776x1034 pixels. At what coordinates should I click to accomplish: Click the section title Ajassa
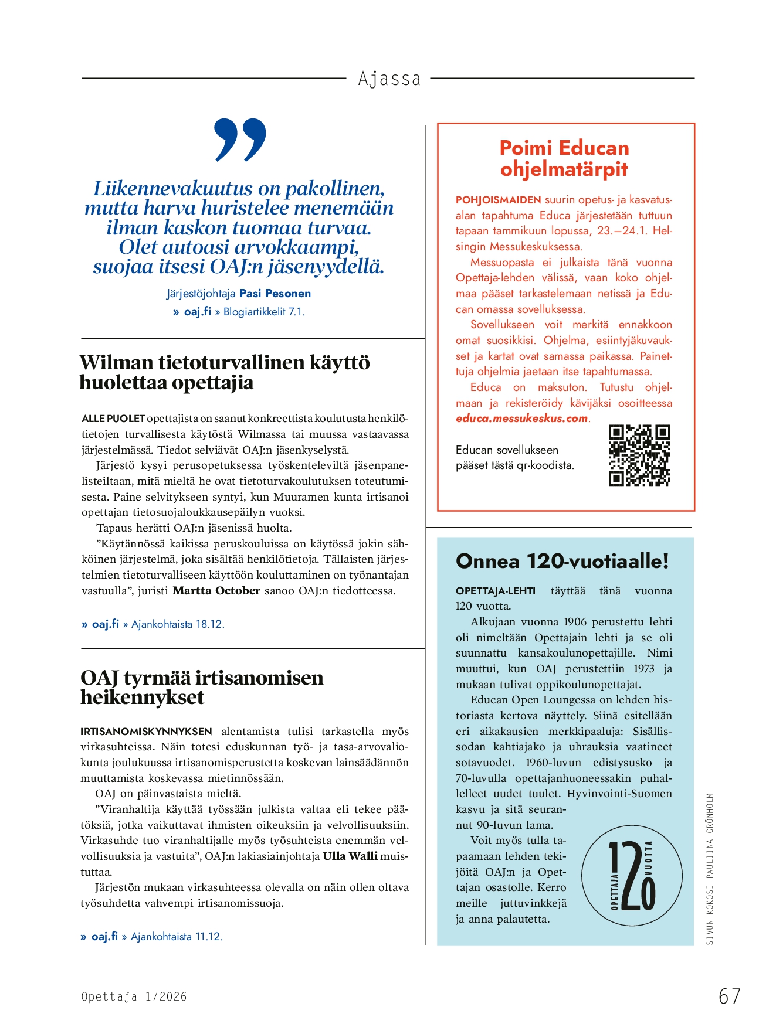[x=389, y=79]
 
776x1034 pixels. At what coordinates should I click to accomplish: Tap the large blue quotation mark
[x=240, y=140]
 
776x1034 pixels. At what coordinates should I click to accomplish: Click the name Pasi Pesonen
[x=275, y=293]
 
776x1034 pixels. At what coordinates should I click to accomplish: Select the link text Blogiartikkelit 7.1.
[x=264, y=312]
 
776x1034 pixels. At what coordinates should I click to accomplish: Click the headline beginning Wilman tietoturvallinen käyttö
[x=225, y=372]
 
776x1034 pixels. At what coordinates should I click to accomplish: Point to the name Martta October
[x=216, y=591]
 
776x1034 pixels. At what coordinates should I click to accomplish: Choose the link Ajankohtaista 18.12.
[x=178, y=624]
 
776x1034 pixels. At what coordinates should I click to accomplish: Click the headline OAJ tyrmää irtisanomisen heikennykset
[x=202, y=687]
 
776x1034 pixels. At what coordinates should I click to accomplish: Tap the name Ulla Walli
[x=350, y=856]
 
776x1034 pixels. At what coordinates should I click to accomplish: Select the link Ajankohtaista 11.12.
[x=177, y=937]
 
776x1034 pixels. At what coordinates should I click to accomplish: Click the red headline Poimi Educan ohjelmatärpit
[x=564, y=158]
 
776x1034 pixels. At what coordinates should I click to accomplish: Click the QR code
[x=639, y=455]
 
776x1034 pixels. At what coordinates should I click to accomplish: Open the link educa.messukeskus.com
[x=522, y=419]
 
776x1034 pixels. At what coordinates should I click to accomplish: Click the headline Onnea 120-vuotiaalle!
[x=562, y=561]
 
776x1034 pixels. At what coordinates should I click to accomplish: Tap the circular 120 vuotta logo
[x=632, y=875]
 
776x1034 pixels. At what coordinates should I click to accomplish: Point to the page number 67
[x=729, y=996]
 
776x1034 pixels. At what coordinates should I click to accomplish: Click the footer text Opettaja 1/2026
[x=134, y=996]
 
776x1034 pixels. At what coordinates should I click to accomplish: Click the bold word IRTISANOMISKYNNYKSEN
[x=147, y=732]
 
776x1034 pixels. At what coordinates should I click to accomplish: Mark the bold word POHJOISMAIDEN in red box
[x=498, y=200]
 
